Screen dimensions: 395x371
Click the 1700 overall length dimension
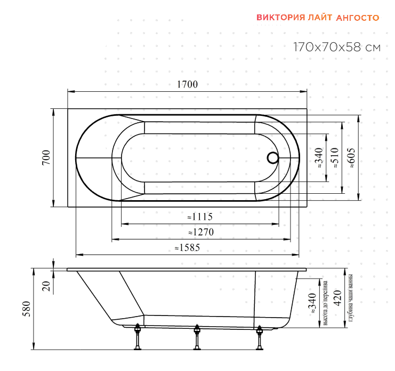[x=188, y=84]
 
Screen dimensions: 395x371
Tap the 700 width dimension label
[x=46, y=157]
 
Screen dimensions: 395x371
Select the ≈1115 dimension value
[x=200, y=217]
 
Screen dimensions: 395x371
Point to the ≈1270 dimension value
[x=201, y=232]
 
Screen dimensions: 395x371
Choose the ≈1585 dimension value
[x=188, y=248]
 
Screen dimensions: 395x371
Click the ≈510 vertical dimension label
[x=335, y=158]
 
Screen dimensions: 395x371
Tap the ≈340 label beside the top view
[x=319, y=158]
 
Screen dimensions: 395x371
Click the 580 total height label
[x=26, y=309]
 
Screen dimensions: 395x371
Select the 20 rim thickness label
[x=46, y=286]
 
